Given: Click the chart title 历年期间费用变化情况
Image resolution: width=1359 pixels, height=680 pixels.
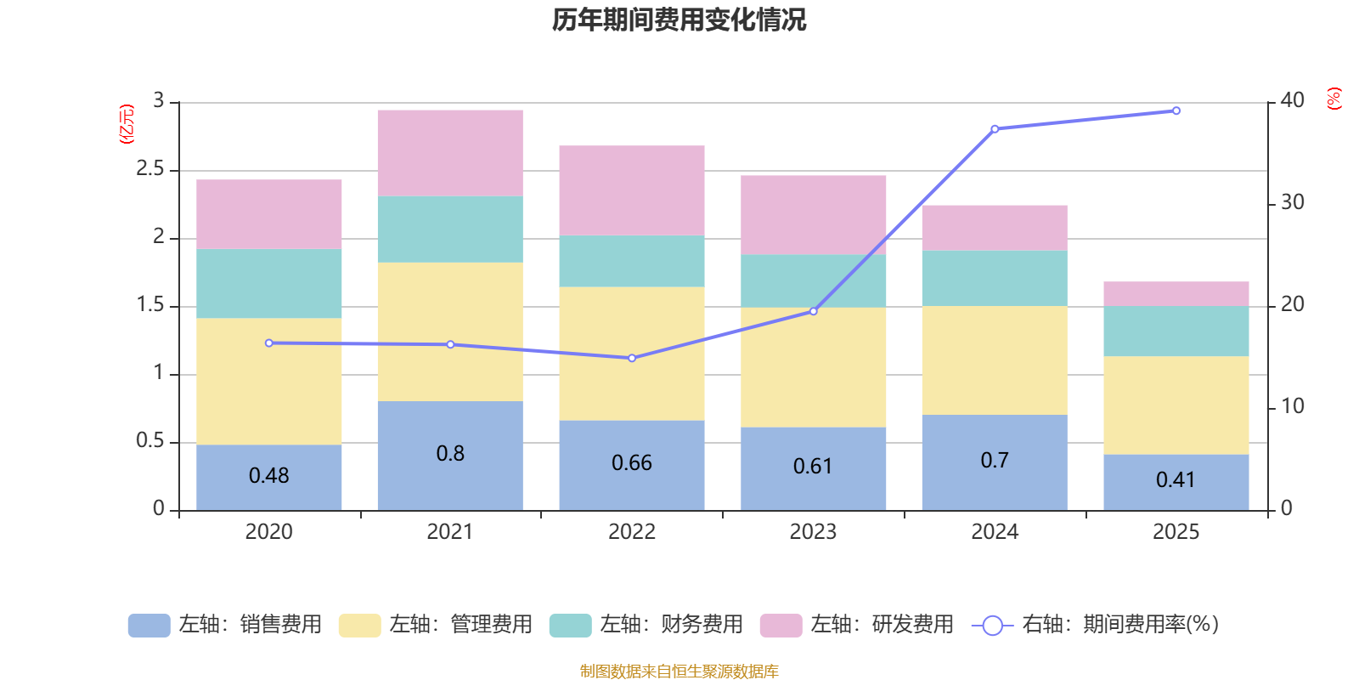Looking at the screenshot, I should tap(679, 20).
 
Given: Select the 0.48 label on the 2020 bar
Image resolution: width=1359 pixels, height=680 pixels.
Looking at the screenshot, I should tap(268, 476).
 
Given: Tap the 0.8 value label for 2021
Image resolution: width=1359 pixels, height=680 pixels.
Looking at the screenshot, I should tap(450, 454).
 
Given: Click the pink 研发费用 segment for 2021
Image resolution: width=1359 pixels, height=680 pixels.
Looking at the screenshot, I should tap(450, 153).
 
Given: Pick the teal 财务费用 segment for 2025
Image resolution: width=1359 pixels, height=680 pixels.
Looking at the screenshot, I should tap(1176, 331).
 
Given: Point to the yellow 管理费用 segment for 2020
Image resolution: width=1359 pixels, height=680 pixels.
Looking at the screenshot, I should tap(268, 381).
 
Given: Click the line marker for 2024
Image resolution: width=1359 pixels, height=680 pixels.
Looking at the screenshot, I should tap(995, 129).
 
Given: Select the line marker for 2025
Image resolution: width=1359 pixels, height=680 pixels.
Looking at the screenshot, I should tap(1176, 110).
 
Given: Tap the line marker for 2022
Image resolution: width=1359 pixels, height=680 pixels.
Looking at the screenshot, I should tap(632, 358).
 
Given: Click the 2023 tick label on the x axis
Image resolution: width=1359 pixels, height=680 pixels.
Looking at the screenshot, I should tap(813, 532).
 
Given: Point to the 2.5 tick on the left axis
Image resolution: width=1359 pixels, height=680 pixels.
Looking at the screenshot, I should tap(150, 169).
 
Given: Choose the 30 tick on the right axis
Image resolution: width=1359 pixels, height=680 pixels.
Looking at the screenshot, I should tap(1292, 202).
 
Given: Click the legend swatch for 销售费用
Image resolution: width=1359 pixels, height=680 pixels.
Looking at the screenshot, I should tap(149, 626).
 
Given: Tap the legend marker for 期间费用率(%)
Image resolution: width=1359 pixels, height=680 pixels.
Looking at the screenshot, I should tap(992, 626).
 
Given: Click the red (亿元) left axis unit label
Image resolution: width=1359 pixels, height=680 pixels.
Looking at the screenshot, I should tap(127, 124).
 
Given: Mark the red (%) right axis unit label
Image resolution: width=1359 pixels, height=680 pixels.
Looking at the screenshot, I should tap(1334, 99).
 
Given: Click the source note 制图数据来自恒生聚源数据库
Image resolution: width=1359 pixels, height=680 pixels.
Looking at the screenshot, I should tap(679, 671).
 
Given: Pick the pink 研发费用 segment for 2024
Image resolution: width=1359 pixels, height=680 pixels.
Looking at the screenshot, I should tap(995, 227).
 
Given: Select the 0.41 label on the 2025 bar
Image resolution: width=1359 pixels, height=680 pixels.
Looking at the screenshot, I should tap(1176, 480).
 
